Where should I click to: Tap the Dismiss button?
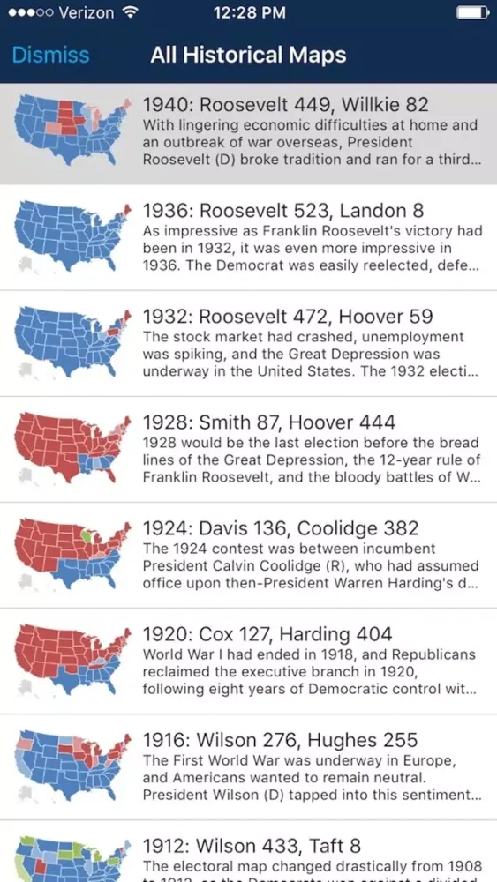(x=50, y=55)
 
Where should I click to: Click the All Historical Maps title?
(x=248, y=55)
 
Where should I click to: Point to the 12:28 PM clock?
(x=250, y=13)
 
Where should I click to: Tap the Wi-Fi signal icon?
(x=131, y=13)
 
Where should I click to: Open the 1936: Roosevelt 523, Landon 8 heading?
(x=282, y=210)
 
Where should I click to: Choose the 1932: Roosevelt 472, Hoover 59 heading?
(x=287, y=316)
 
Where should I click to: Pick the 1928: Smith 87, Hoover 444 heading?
(x=268, y=422)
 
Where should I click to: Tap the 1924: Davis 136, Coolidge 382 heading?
(x=281, y=528)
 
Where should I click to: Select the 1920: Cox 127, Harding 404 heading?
(x=267, y=634)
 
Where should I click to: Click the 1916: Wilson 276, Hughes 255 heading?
(x=280, y=740)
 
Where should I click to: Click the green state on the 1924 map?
(x=87, y=535)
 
